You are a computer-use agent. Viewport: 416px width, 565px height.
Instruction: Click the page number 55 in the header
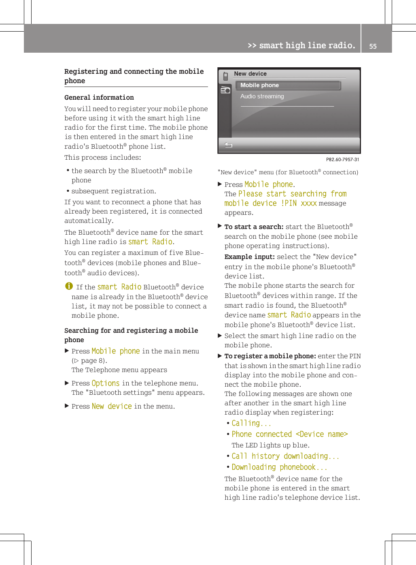click(x=373, y=46)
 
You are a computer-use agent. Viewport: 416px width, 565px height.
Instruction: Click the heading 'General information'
click(x=99, y=97)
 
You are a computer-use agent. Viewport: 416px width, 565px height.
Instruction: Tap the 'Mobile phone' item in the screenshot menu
click(x=260, y=85)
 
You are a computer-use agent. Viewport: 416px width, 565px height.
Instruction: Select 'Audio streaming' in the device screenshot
click(x=262, y=96)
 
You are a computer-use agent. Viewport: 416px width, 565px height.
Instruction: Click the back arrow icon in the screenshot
click(x=228, y=145)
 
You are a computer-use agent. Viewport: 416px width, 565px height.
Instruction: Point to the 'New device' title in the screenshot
click(x=250, y=74)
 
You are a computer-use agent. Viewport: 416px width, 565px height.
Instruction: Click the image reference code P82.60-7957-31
click(x=342, y=159)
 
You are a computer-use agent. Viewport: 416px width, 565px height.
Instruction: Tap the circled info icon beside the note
click(x=69, y=286)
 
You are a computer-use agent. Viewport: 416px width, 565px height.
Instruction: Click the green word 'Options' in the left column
click(x=106, y=383)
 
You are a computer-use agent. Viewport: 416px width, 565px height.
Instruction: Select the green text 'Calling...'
click(x=251, y=423)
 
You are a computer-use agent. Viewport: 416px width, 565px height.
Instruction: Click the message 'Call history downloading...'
click(x=285, y=456)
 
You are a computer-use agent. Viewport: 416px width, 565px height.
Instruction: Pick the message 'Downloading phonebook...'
click(x=279, y=467)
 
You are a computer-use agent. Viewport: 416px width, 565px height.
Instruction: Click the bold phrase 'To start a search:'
click(x=254, y=227)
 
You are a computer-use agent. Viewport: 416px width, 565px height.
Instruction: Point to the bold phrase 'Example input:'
click(x=250, y=257)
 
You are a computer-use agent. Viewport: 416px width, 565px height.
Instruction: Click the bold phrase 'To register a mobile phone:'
click(x=270, y=356)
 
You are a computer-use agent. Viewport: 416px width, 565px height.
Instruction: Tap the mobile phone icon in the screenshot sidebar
click(x=225, y=76)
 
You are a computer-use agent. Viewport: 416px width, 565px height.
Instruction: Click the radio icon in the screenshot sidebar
click(x=225, y=90)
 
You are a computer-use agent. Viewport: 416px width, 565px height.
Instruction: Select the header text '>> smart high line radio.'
click(x=301, y=45)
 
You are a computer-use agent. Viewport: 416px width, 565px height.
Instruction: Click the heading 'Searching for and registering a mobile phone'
click(x=131, y=335)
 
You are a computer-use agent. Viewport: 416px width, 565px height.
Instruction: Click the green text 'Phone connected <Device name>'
click(x=289, y=434)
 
